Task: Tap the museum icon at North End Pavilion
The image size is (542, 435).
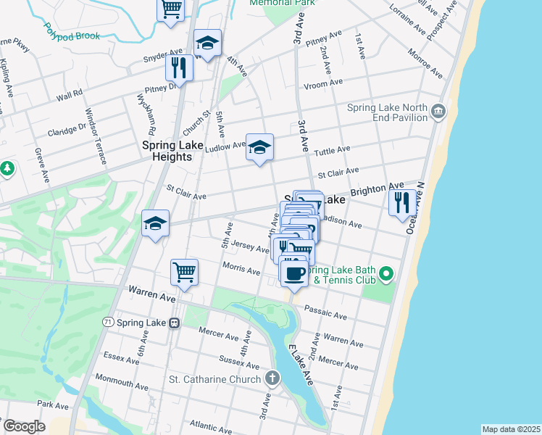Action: [x=438, y=111]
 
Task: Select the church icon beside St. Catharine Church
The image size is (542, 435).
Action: [x=272, y=378]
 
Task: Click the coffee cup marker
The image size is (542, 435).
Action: [x=293, y=273]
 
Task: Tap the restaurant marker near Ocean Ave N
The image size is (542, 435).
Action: [x=402, y=202]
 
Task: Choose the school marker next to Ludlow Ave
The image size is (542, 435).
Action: [x=259, y=148]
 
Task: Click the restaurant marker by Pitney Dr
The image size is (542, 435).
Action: [x=178, y=68]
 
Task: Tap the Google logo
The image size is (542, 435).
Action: [x=24, y=426]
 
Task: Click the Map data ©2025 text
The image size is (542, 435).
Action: [x=510, y=429]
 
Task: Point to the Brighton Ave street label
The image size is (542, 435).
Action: [x=377, y=190]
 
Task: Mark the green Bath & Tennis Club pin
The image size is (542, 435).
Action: [x=386, y=273]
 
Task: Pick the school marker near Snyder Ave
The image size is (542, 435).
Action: [x=207, y=43]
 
